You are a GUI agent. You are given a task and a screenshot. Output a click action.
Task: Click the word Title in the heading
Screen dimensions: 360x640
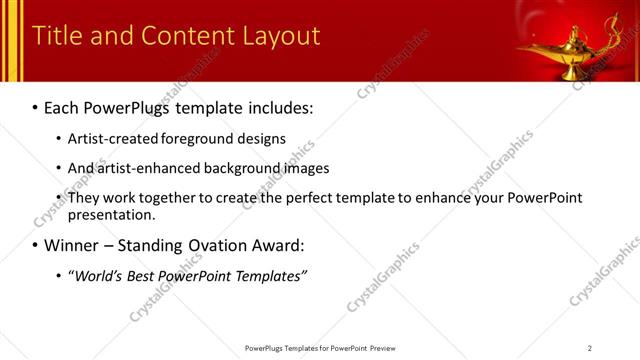click(56, 37)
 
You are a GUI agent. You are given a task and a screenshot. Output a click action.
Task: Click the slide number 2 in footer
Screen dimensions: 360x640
click(590, 348)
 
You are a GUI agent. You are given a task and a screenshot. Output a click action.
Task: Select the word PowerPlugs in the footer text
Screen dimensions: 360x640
click(266, 348)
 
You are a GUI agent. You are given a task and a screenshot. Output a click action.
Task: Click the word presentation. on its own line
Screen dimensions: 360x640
click(112, 214)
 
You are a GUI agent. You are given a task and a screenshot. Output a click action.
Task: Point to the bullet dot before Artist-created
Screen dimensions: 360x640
click(58, 140)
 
